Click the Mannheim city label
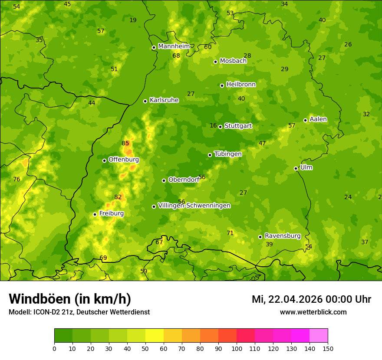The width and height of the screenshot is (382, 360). [x=174, y=46]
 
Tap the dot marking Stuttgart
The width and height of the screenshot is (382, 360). [x=221, y=127]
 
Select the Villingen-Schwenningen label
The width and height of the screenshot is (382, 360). [x=194, y=206]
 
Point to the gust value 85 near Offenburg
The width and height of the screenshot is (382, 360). [x=125, y=144]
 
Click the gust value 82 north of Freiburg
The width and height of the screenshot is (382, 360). [x=118, y=197]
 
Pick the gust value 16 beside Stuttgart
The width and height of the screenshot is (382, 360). [x=213, y=126]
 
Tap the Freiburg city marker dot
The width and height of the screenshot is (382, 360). [x=95, y=214]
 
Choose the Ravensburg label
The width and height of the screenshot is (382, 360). [x=283, y=236]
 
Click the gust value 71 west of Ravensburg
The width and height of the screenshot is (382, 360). [x=230, y=233]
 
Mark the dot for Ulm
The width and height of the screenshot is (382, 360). [x=296, y=168]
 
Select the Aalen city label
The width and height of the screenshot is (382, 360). [x=318, y=119]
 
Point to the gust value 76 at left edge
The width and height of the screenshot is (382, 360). [x=16, y=180]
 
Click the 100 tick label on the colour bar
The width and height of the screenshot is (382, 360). [x=237, y=349]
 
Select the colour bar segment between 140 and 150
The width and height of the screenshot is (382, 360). [x=319, y=336]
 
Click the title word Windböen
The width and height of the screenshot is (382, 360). [x=40, y=299]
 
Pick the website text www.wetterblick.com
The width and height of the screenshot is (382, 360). [x=313, y=312]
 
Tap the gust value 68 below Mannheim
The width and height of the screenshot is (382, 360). [x=176, y=56]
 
